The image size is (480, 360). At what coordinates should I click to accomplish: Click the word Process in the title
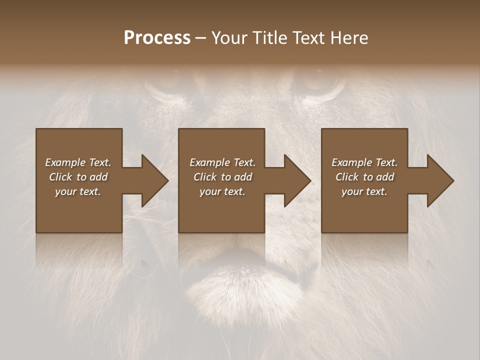(x=157, y=38)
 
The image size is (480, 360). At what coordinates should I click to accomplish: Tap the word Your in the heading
(x=229, y=38)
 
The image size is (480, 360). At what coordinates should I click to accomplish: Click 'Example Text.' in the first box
(x=78, y=162)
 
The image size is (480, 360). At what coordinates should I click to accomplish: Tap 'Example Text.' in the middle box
(x=222, y=162)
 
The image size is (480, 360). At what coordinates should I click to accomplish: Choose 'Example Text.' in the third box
(x=364, y=162)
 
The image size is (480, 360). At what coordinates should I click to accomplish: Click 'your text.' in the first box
(x=78, y=191)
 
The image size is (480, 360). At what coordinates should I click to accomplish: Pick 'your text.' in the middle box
(x=222, y=191)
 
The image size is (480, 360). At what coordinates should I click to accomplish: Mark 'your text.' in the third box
(x=364, y=191)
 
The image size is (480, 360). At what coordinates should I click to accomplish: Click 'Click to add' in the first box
(x=78, y=177)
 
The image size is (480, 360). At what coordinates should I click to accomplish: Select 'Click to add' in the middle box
(x=222, y=177)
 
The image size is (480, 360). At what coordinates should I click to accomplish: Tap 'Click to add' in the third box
(x=364, y=177)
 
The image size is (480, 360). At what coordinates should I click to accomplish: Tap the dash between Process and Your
(x=201, y=38)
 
